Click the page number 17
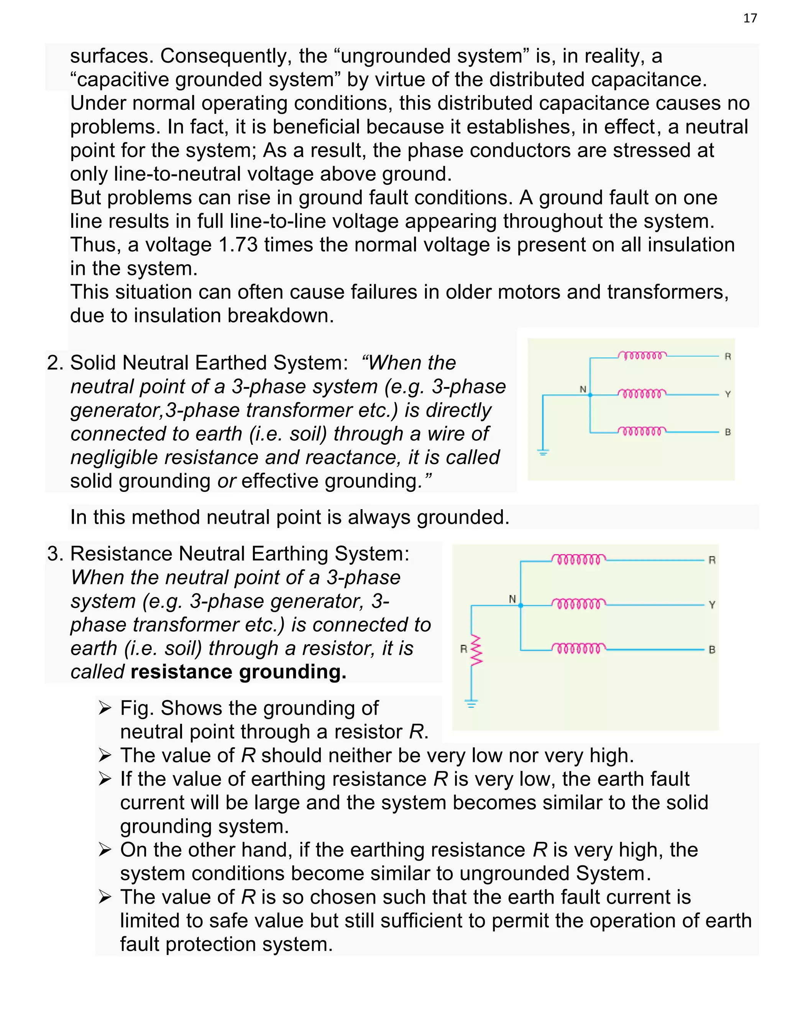[x=750, y=18]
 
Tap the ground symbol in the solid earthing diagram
[x=543, y=451]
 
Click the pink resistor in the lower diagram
[x=476, y=650]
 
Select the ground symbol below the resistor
[x=471, y=704]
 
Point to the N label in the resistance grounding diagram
[x=512, y=599]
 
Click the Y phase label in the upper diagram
[x=728, y=395]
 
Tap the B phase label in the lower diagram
[x=711, y=649]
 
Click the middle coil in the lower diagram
[x=578, y=604]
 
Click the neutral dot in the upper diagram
[x=590, y=395]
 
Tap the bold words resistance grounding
[x=238, y=672]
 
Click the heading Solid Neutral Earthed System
[x=209, y=363]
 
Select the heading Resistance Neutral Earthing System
[x=239, y=554]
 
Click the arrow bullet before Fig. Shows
[x=105, y=709]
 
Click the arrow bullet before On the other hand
[x=105, y=850]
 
